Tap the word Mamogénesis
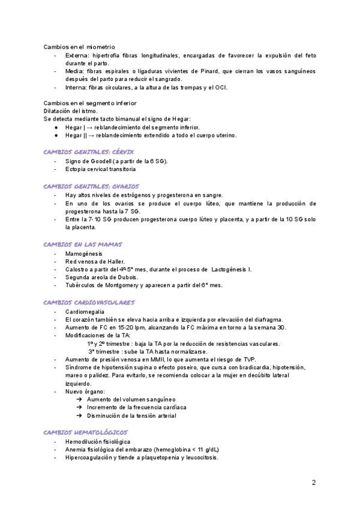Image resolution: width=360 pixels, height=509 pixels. pos(84,254)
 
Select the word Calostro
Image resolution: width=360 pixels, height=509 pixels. pos(77,270)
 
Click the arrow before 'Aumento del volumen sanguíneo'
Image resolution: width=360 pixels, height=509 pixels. pos(80,399)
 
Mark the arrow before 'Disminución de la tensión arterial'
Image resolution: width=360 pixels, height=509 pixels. pos(80,415)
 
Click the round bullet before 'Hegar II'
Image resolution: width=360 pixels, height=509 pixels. pos(55,136)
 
